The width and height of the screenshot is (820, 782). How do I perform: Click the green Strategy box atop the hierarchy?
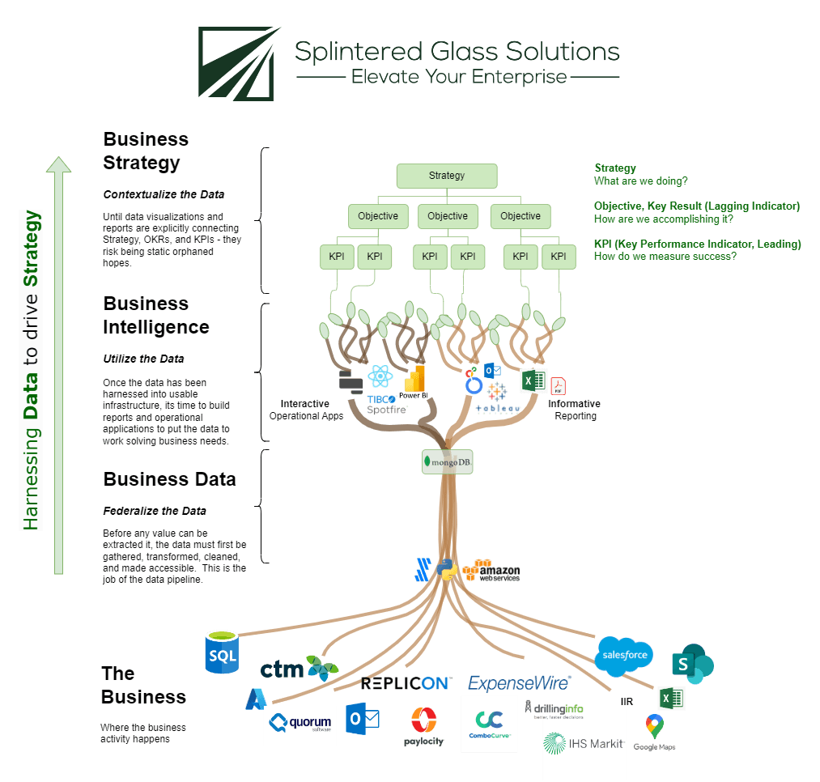click(447, 176)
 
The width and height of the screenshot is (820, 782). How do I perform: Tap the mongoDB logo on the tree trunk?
click(448, 461)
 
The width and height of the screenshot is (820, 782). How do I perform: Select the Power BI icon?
click(414, 383)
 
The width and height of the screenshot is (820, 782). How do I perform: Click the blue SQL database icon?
click(221, 652)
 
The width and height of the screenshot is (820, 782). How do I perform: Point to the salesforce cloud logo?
click(623, 654)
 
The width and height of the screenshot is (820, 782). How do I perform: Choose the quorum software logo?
click(301, 723)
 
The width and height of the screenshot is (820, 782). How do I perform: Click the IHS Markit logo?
click(584, 743)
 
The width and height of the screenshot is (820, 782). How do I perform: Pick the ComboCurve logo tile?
click(490, 723)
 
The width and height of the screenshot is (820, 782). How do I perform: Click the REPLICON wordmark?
click(406, 683)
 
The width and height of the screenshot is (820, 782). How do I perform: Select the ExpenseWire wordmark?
click(519, 683)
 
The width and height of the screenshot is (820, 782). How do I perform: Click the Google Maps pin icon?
click(654, 725)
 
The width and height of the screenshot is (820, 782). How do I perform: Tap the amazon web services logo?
click(490, 570)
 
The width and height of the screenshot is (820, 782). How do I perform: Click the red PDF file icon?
click(558, 385)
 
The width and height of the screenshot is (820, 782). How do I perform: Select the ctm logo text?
click(283, 669)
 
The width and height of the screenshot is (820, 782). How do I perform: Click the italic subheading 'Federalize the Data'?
click(155, 511)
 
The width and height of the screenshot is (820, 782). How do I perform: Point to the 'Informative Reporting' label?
click(575, 410)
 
